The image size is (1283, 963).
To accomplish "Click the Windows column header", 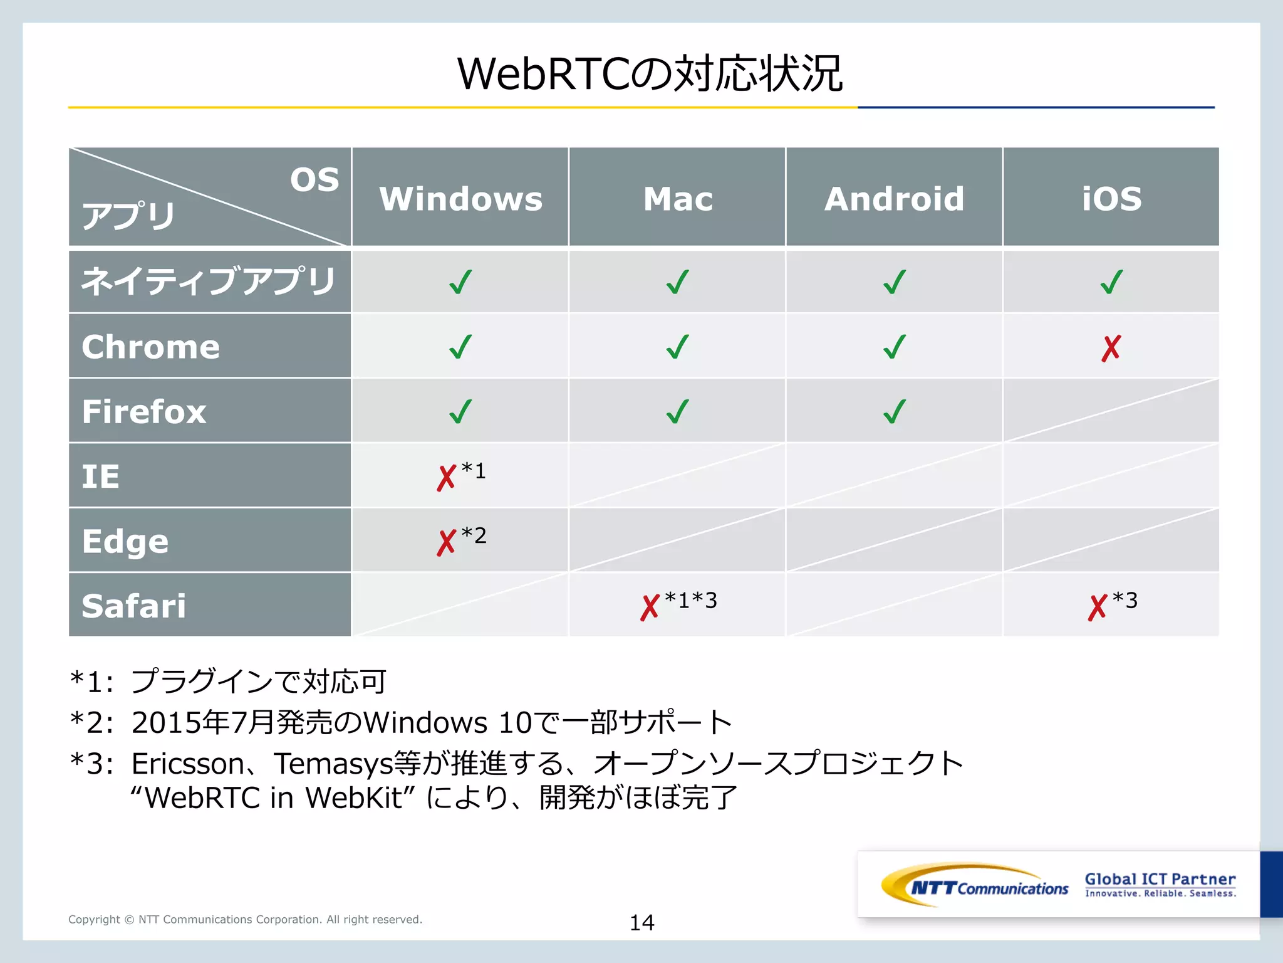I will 460,199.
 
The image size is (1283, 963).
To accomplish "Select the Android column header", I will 894,199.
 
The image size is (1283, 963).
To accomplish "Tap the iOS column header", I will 1111,199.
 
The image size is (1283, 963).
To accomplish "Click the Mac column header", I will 678,199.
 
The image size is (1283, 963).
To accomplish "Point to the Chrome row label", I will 151,347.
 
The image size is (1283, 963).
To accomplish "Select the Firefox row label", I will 144,412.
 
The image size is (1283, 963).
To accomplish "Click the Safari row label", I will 134,606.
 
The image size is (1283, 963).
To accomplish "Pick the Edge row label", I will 125,541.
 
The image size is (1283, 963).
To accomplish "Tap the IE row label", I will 101,476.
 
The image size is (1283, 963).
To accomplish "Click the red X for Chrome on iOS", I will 1111,349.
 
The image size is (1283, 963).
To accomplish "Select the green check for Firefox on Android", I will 895,412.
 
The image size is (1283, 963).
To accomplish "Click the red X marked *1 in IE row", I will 447,478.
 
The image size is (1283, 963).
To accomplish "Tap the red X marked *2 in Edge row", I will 447,542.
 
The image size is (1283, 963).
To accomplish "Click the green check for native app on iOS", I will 1111,282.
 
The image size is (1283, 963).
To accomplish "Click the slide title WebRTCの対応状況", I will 649,74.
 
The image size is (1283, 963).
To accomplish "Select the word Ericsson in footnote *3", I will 188,764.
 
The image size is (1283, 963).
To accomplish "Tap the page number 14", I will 641,922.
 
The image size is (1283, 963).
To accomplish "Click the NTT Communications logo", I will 975,885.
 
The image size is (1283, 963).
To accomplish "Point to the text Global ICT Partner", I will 1160,879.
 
